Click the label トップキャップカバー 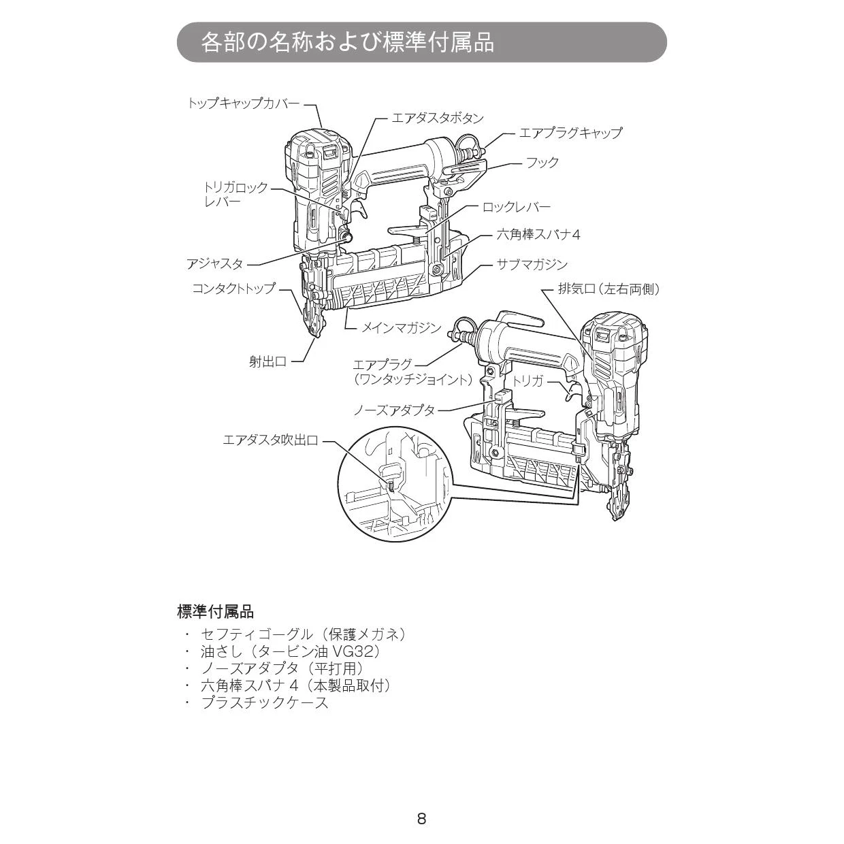point(243,103)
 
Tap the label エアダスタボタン point(438,118)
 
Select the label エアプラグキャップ point(570,133)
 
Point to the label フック point(542,162)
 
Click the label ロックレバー point(517,207)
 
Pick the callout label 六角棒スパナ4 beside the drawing point(538,235)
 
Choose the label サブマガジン point(532,264)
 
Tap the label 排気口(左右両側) point(608,289)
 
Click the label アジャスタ point(215,264)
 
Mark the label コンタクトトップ point(233,288)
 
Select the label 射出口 point(267,361)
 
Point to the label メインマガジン point(401,327)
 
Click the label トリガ point(528,381)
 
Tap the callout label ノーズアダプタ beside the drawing point(394,410)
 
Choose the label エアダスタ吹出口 point(270,440)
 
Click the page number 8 point(421,819)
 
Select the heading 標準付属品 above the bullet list point(215,611)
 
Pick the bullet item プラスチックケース point(265,703)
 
